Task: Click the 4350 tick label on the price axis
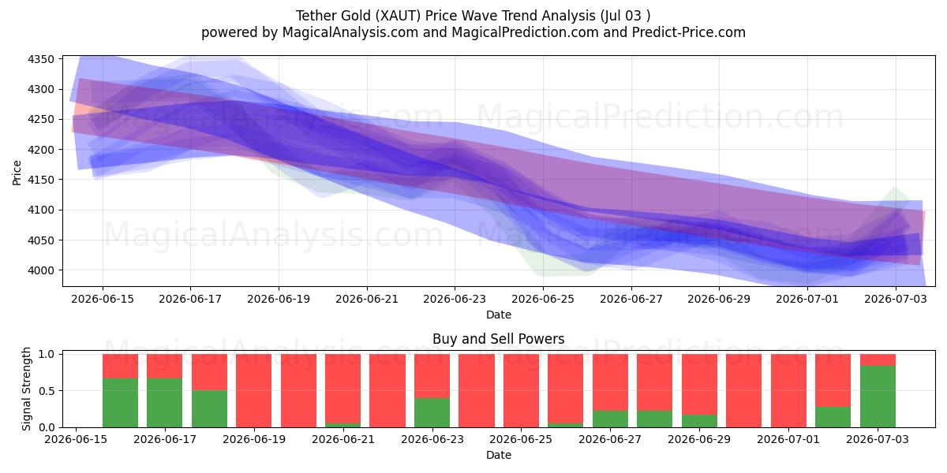(41, 59)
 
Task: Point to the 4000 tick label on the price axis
(41, 270)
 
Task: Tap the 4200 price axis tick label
(41, 150)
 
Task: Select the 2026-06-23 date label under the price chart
(455, 299)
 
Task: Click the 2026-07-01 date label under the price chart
(807, 299)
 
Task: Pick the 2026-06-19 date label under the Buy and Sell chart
(254, 439)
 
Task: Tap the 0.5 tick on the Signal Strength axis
(47, 391)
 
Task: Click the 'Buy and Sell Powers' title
(499, 339)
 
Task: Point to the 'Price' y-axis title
(17, 173)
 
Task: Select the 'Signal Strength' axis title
(26, 389)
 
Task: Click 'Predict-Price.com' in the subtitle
(689, 32)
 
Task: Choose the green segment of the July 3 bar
(878, 397)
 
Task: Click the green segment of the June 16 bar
(121, 403)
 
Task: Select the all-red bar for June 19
(253, 391)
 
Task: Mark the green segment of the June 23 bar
(432, 412)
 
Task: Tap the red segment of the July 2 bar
(833, 381)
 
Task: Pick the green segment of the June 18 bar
(209, 409)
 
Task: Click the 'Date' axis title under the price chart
(499, 315)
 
